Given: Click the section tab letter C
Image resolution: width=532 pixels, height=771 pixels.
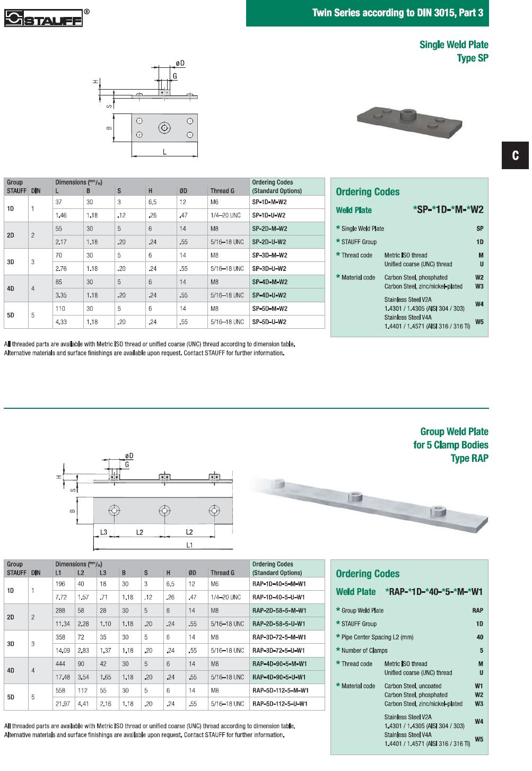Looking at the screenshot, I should pos(515,155).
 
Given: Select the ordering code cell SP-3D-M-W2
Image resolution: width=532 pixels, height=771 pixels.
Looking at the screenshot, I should pos(269,255).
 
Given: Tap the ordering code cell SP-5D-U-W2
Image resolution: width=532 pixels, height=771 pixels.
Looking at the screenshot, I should pos(269,322).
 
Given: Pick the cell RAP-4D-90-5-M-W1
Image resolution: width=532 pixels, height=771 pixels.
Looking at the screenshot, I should pos(280,664).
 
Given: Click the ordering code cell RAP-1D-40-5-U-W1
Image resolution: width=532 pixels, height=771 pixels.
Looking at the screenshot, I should pos(279,597).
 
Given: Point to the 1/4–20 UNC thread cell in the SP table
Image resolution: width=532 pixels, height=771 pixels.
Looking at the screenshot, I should pos(225,215).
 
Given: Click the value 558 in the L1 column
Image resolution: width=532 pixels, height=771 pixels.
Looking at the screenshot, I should pos(60,690).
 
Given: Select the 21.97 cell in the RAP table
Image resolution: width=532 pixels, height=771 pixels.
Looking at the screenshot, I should pos(63,704).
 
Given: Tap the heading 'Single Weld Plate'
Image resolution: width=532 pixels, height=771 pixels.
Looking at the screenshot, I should pos(453,45).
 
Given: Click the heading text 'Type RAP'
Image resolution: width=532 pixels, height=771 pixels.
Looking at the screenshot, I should pos(469,458).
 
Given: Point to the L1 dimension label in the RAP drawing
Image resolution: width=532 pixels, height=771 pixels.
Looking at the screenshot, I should pos(189,545).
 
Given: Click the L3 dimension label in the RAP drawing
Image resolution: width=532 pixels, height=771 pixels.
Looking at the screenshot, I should pos(103,532).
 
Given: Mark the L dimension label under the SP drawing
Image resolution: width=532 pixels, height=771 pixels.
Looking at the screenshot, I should pos(164,152).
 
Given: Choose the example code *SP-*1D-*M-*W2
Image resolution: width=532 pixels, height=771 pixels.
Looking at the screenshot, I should pos(448,209).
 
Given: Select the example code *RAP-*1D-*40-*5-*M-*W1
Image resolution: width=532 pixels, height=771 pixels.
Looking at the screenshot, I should pos(434,592).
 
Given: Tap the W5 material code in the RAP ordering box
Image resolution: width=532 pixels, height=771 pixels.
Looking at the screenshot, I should pos(478,739).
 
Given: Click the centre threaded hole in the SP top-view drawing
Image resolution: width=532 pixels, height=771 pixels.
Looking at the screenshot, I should pos(164,128).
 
